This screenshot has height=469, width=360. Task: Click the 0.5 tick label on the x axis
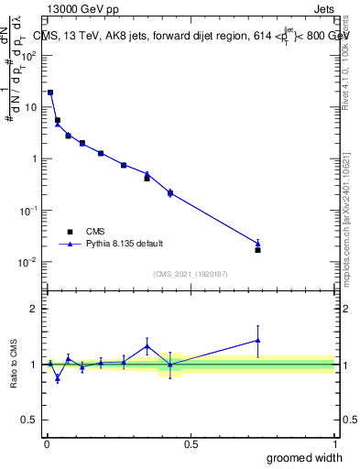[191, 443]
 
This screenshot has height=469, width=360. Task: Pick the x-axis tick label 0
[47, 443]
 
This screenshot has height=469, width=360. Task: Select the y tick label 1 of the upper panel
[34, 158]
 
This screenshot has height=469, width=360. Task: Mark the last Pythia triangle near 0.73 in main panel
[257, 244]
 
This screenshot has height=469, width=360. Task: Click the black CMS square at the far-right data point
[257, 250]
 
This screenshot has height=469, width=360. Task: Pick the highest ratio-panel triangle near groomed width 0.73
[257, 340]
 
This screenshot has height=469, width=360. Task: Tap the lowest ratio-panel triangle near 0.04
[58, 377]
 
